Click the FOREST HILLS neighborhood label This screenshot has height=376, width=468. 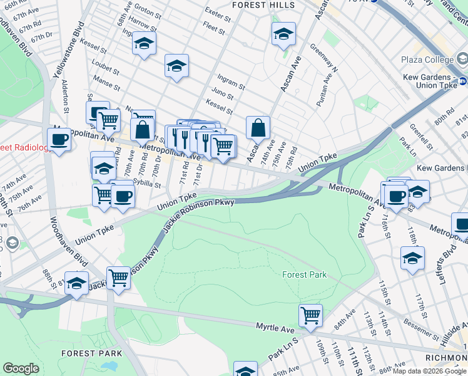point(263,4)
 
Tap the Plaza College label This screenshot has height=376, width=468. point(427,60)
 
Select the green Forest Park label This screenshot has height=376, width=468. point(304,274)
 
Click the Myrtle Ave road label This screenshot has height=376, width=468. point(275,327)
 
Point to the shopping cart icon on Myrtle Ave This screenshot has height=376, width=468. point(310,315)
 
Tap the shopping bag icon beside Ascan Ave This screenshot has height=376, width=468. point(258,128)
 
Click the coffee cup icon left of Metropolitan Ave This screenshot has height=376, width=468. point(59,139)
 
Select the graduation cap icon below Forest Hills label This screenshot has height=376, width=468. point(283,34)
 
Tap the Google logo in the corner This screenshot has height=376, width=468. point(21,368)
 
